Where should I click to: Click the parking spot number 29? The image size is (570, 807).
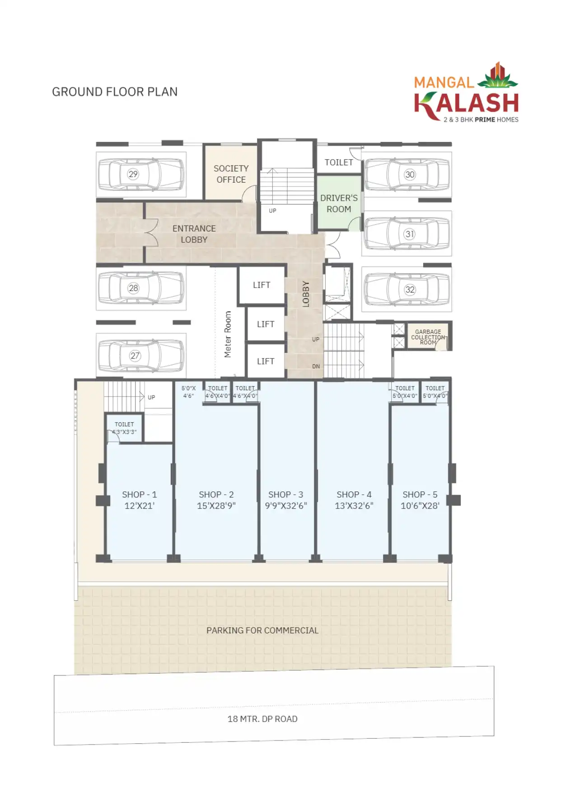[133, 174]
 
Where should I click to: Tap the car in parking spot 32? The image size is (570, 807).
[407, 289]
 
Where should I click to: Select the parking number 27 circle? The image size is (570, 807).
[135, 356]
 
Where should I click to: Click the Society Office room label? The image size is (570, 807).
[231, 174]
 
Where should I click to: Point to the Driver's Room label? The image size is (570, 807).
[339, 203]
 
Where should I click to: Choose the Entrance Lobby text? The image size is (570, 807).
[194, 234]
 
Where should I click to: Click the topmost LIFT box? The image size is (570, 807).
[262, 285]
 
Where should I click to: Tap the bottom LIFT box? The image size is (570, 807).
[266, 361]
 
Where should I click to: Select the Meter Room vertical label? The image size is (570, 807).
[228, 334]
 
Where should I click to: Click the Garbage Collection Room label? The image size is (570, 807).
[428, 337]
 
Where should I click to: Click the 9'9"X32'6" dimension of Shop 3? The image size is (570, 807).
[286, 506]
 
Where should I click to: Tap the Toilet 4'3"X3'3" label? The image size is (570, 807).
[124, 428]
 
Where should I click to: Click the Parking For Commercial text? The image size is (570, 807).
[262, 630]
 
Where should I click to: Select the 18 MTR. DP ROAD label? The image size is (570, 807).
[262, 719]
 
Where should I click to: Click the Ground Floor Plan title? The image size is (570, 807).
[115, 92]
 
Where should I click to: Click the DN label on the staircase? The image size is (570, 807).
[316, 366]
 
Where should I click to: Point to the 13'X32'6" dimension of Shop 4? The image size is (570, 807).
[354, 506]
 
